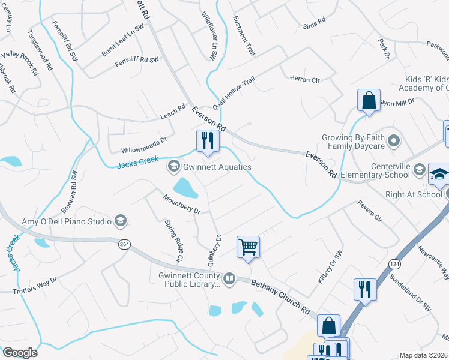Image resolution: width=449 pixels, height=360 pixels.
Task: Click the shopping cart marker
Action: pos(248,247)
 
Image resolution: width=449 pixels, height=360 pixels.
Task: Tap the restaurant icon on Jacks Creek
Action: pos(206,141)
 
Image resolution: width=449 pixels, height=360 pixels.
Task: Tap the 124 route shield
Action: pos(394,263)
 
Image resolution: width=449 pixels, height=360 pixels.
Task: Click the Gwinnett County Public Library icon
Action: pos(229,278)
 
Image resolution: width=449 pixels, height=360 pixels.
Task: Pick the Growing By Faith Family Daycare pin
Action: pos(394,142)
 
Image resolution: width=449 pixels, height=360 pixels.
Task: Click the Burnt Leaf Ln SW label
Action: pos(123,41)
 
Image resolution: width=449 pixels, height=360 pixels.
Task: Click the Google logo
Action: pos(20,352)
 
